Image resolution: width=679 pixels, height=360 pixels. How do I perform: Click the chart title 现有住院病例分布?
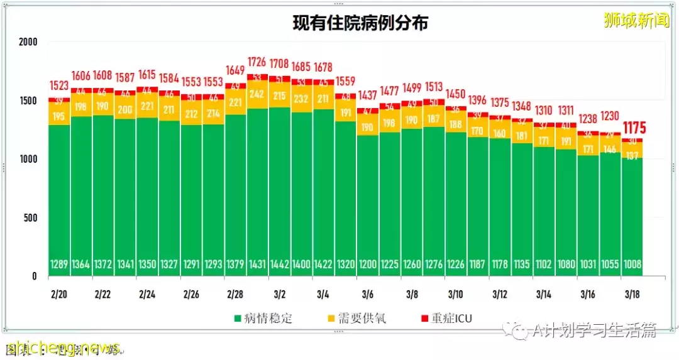click(x=360, y=23)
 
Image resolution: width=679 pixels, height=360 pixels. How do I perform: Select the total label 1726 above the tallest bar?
click(x=257, y=62)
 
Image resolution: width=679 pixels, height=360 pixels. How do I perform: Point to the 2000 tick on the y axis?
click(x=28, y=42)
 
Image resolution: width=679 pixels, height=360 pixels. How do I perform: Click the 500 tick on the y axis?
click(x=31, y=218)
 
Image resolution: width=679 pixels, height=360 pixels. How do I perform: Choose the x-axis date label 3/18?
click(x=632, y=294)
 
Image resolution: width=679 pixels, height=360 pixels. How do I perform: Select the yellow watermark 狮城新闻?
click(x=636, y=21)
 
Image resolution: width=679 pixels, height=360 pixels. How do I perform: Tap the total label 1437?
click(x=368, y=95)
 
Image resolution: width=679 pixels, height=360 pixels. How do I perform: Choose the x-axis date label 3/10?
click(x=455, y=294)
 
